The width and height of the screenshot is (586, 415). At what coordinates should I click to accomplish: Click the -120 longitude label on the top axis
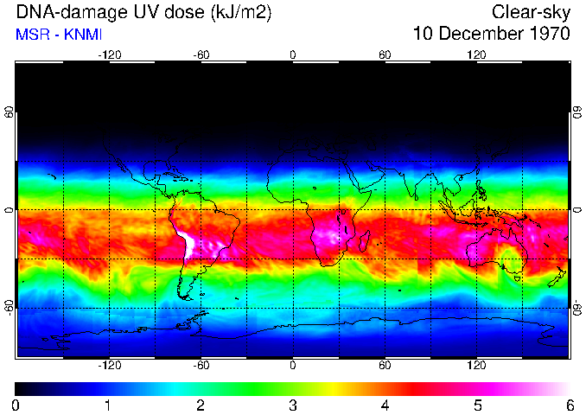pyautogui.click(x=109, y=54)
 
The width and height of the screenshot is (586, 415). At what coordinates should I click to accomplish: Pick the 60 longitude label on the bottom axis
pyautogui.click(x=385, y=366)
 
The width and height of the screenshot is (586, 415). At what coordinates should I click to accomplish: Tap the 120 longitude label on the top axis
pyautogui.click(x=476, y=54)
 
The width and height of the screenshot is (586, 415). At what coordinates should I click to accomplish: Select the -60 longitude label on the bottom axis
pyautogui.click(x=201, y=366)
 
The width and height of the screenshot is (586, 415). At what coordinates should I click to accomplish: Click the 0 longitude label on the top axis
pyautogui.click(x=293, y=54)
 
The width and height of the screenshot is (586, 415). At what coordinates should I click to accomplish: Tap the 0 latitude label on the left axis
pyautogui.click(x=10, y=210)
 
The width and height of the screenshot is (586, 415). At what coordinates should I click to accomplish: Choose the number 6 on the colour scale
pyautogui.click(x=570, y=405)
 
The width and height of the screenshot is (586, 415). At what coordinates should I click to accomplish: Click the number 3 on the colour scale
pyautogui.click(x=293, y=405)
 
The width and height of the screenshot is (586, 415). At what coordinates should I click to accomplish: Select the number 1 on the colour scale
pyautogui.click(x=108, y=405)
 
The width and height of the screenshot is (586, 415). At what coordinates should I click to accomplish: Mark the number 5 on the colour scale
pyautogui.click(x=477, y=405)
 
